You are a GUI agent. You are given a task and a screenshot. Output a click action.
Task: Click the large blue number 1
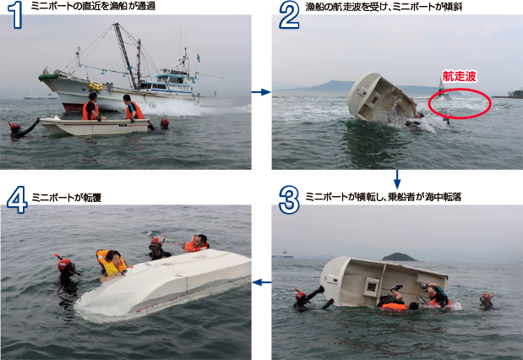pos(15,14)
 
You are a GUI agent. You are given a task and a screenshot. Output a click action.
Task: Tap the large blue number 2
pos(289,15)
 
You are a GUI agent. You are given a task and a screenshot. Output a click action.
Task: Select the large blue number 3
pos(289,199)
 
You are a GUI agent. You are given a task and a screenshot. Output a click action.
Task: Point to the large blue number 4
pos(17,199)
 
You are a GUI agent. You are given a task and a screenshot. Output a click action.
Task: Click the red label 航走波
pos(459,76)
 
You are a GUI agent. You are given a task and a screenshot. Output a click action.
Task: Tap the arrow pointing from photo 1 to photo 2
pos(261,92)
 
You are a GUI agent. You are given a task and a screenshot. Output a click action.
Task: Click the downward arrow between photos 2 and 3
pos(397,179)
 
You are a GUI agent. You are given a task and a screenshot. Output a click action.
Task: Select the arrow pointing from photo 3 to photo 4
pos(262,282)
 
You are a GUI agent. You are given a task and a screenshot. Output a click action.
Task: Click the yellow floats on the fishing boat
pos(95,86)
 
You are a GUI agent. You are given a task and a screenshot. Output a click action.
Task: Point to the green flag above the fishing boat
pos(199,58)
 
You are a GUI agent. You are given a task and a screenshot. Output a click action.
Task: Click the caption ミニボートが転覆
pos(67,198)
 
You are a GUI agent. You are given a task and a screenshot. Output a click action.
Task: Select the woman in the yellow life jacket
pos(112,264)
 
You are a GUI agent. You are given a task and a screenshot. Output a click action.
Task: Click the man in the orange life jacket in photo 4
pos(197,243)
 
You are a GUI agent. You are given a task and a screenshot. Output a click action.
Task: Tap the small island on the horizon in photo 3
pos(399,257)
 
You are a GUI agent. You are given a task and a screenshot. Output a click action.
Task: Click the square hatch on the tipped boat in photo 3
pos(371,286)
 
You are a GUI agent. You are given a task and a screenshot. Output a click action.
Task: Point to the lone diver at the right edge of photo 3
pos(486,301)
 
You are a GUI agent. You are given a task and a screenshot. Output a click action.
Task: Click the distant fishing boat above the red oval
pos(442,90)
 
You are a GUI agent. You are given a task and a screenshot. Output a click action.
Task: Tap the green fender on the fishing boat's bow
pos(48,77)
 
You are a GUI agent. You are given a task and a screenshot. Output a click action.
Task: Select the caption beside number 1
pos(93,6)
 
